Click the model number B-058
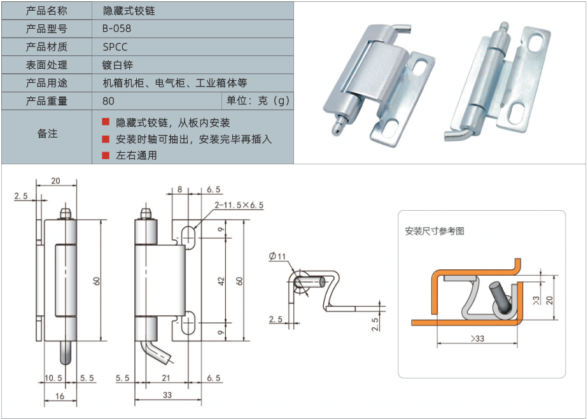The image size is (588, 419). click(116, 29)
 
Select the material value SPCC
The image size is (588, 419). click(115, 47)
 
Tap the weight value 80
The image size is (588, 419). click(108, 101)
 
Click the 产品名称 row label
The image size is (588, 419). click(46, 10)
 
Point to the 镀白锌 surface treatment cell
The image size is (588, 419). click(117, 65)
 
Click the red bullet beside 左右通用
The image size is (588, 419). click(106, 155)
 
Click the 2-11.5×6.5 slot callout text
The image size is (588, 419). click(239, 205)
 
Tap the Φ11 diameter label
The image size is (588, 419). click(277, 256)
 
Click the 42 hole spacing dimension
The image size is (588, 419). click(221, 281)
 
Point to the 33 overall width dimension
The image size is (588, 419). click(167, 395)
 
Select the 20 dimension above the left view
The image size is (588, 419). click(55, 181)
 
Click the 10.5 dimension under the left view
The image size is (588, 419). click(53, 378)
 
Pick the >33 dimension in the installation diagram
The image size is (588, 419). click(477, 339)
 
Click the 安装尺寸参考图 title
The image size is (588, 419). click(435, 231)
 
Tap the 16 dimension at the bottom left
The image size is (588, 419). click(60, 396)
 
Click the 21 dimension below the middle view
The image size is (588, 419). click(165, 378)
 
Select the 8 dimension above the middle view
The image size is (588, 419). click(179, 189)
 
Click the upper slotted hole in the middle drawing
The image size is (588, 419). click(188, 238)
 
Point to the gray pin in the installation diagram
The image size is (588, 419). click(499, 296)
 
